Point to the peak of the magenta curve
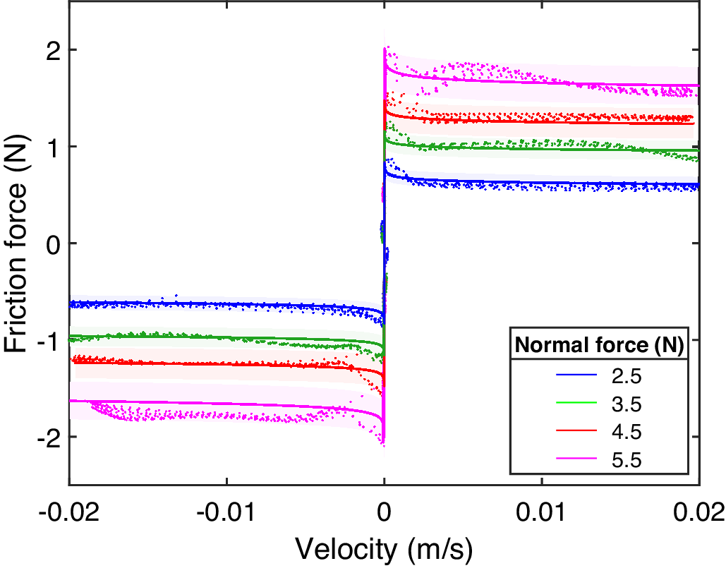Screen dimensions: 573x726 [385, 48]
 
